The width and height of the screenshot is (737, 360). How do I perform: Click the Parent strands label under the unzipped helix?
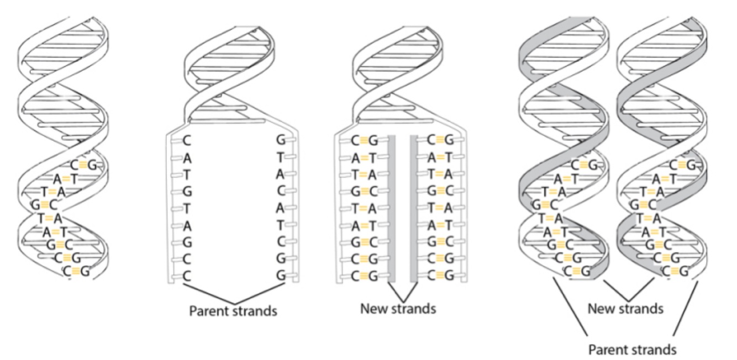[x=233, y=310]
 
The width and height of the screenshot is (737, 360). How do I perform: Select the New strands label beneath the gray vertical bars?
[x=398, y=308]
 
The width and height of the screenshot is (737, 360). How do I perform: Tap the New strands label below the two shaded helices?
[x=625, y=308]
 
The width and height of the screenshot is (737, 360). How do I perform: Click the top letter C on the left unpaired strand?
[x=187, y=141]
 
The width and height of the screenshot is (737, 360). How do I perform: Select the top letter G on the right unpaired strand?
[x=280, y=141]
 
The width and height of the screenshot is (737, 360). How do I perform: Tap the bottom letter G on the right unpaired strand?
[x=280, y=276]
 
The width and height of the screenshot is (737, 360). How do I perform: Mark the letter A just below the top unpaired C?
[x=187, y=158]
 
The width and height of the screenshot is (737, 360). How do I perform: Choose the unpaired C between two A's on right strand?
[x=280, y=192]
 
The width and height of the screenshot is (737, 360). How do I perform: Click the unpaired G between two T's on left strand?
[x=187, y=192]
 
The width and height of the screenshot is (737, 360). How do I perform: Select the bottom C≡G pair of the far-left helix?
[x=76, y=271]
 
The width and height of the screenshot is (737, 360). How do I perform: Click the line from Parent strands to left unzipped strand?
[x=207, y=292]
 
